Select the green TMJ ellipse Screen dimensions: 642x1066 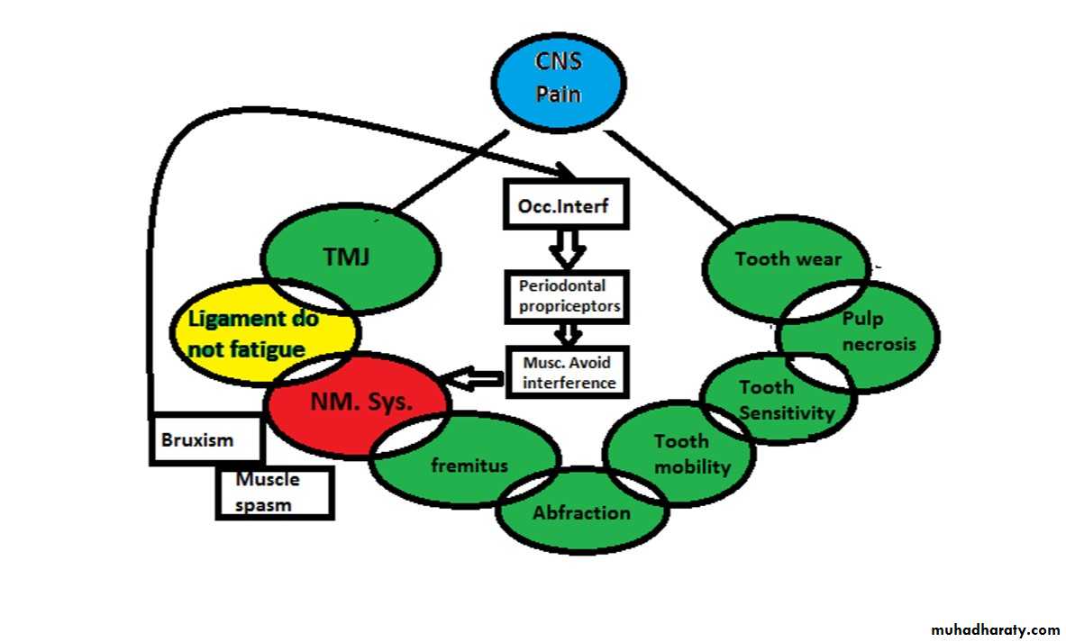coord(351,256)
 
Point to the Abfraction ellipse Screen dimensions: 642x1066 coord(581,512)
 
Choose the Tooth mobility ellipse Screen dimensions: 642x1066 coord(681,453)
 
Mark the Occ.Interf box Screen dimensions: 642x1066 coord(563,207)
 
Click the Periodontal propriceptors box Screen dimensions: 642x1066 coord(563,298)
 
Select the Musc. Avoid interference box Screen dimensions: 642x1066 coord(563,373)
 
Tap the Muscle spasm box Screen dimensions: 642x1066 coord(274,492)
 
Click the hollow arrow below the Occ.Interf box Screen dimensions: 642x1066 coord(566,249)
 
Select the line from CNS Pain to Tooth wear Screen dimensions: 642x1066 coord(671,178)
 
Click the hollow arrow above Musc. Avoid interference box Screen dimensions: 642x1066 coord(566,335)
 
